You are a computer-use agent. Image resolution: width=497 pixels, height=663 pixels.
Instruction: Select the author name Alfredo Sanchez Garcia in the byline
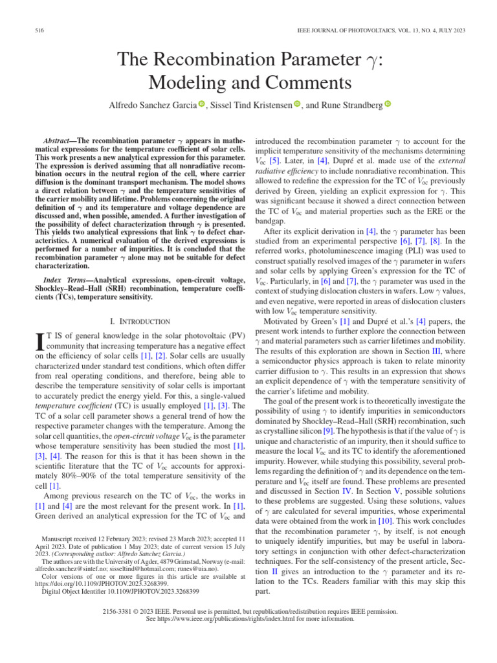[x=151, y=105]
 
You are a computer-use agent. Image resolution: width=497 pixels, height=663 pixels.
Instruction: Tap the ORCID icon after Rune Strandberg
[x=388, y=104]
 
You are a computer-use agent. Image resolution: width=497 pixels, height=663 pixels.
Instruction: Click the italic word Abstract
[x=58, y=140]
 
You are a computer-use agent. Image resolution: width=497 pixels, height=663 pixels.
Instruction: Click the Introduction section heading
[x=140, y=321]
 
